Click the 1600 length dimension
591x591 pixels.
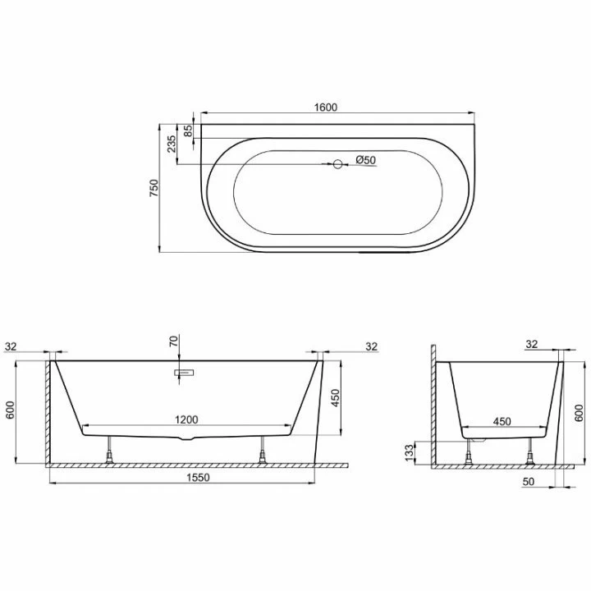pos(326,107)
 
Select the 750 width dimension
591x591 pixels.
pos(154,188)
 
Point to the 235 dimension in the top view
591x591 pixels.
pos(171,144)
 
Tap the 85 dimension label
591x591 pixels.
pos(188,131)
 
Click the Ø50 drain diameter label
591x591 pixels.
pos(365,160)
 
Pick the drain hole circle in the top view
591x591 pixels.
pos(337,164)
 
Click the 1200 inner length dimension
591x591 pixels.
pos(186,419)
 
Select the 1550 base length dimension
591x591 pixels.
pos(199,478)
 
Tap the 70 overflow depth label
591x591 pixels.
pos(173,341)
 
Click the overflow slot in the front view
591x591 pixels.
pos(184,373)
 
